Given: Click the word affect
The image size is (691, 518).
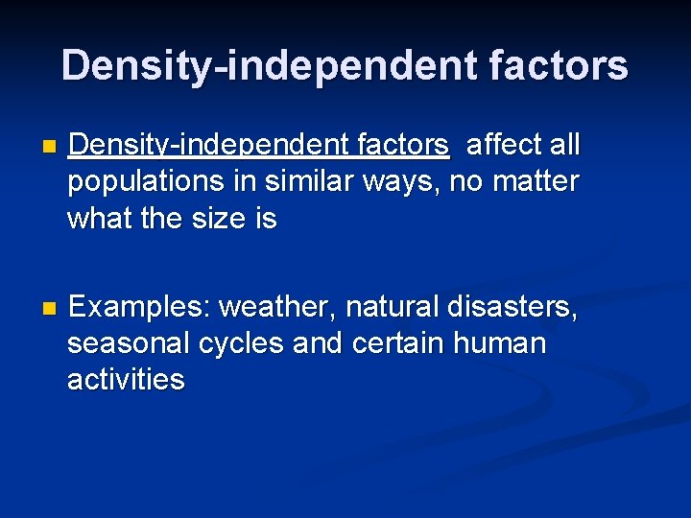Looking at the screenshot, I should (x=504, y=146).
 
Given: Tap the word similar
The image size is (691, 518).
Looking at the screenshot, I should (x=306, y=181).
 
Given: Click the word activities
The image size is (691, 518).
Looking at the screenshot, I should (x=126, y=380).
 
